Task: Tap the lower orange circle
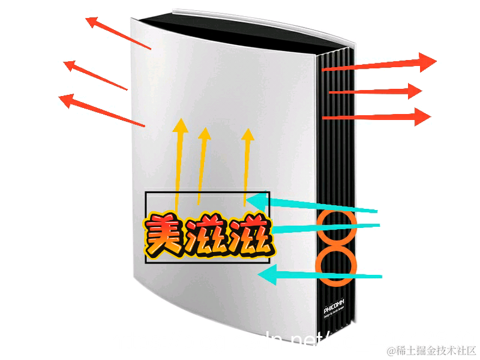pos(336,268)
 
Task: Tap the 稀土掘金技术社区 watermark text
pos(431,350)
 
